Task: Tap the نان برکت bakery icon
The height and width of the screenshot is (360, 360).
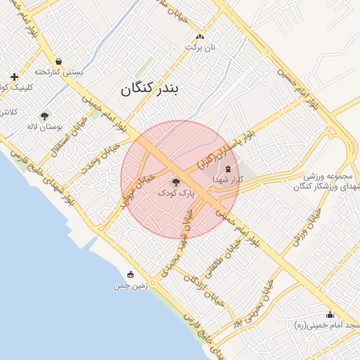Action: coord(200,37)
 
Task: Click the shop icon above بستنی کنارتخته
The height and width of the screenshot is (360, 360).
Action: coord(58,61)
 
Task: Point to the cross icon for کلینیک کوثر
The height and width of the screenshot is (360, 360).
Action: coord(14,77)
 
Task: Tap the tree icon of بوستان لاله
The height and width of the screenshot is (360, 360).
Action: coord(45,116)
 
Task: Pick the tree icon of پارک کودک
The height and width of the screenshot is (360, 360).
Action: coord(176,183)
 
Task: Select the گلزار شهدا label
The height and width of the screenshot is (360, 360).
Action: coord(228,180)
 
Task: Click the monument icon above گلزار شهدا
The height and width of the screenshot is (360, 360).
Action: coord(228,168)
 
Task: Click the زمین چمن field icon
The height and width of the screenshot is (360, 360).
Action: coord(130,275)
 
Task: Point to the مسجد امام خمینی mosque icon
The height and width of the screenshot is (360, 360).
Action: coord(330,314)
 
